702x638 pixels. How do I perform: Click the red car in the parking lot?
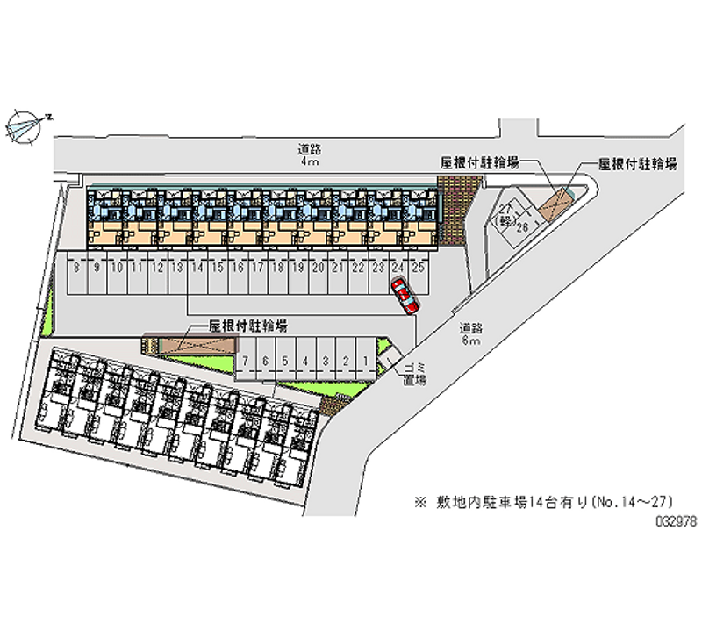(x=405, y=296)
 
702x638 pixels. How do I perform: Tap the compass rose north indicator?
(x=26, y=125)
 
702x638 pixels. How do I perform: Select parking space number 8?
(x=77, y=268)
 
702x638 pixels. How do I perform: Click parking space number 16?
(x=237, y=268)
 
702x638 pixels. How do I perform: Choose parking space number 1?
(x=364, y=361)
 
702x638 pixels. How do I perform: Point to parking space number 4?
(x=304, y=361)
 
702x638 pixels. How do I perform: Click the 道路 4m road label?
(x=306, y=155)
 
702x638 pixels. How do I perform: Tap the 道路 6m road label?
(x=469, y=333)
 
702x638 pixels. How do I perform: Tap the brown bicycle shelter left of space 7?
(x=190, y=343)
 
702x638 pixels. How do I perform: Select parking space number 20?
(x=318, y=268)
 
